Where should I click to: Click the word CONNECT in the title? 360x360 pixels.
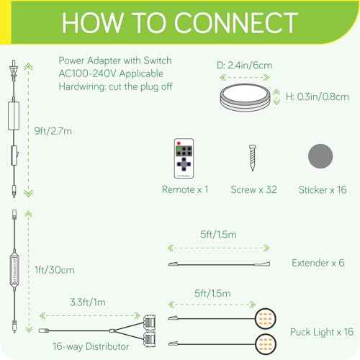tap(235, 23)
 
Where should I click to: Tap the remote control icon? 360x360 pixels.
tap(184, 158)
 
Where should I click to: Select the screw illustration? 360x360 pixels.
tap(252, 158)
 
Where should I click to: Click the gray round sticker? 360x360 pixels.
tap(320, 156)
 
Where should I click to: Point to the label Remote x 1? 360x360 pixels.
tap(185, 189)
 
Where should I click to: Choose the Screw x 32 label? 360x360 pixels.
tap(253, 189)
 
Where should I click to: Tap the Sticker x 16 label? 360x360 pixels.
tap(323, 190)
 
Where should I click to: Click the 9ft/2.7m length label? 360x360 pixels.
tap(53, 131)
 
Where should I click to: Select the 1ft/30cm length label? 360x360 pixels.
tap(55, 270)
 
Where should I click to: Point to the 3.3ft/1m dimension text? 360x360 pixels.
tap(88, 302)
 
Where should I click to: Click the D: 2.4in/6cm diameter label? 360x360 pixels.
tap(244, 66)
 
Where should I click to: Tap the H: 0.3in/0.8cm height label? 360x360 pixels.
tap(318, 96)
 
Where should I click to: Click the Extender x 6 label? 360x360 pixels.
tap(318, 263)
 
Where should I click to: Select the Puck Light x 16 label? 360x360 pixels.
tap(322, 332)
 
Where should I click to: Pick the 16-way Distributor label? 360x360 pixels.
tap(91, 346)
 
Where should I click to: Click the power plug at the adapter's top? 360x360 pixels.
tap(14, 70)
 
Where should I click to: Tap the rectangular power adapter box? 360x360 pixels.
tap(14, 116)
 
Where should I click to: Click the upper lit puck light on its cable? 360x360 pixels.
tap(265, 319)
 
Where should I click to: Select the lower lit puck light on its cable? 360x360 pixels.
tap(265, 344)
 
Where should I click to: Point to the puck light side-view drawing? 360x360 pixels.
tap(245, 97)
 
